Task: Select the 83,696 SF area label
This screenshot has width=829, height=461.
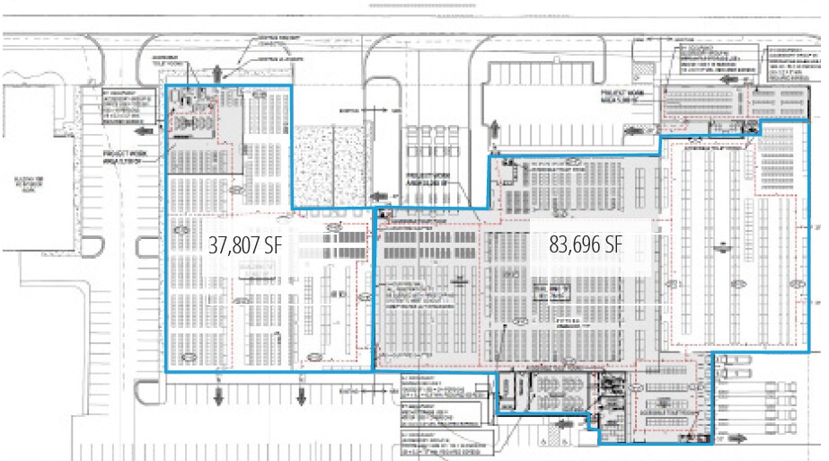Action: pos(586,244)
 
